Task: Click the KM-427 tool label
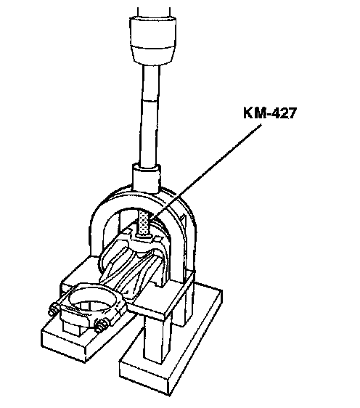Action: click(270, 113)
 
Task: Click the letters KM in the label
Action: click(254, 113)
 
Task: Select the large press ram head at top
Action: click(152, 40)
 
